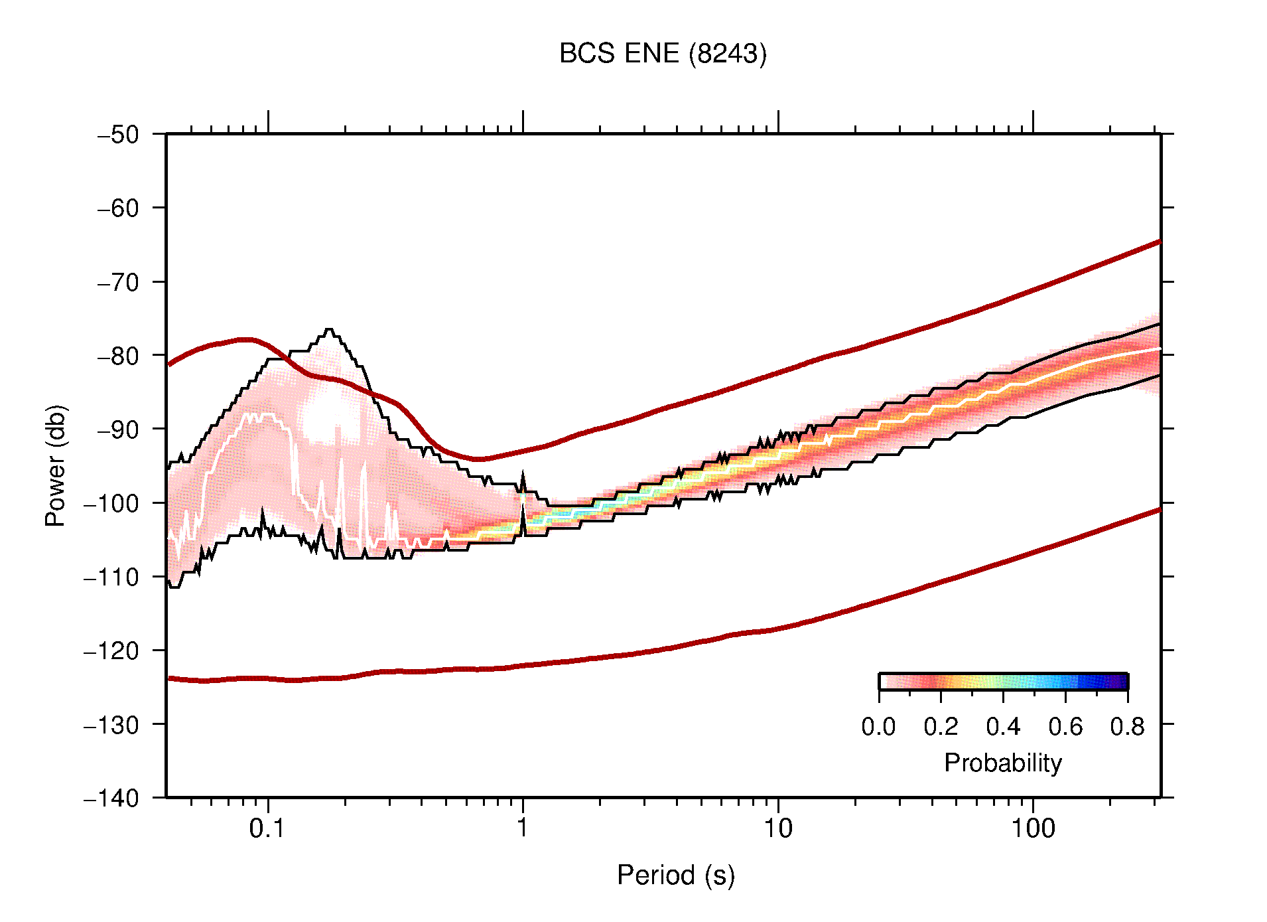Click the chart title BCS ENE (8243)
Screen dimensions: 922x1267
tap(662, 54)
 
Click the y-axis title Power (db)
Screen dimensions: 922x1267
tap(56, 465)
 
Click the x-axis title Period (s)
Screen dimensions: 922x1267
tap(675, 876)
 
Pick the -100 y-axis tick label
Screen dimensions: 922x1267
tap(111, 503)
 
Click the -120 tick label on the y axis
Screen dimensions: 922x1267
tap(111, 651)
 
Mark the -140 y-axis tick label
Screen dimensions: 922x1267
tap(111, 798)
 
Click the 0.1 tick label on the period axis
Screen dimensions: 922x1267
tap(267, 828)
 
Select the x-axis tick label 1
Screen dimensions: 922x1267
tap(523, 828)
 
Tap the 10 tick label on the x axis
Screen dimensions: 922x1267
tap(777, 828)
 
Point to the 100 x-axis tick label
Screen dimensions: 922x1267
tap(1032, 828)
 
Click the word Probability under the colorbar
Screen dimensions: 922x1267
tap(1002, 763)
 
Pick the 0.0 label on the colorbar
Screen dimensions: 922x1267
tap(878, 727)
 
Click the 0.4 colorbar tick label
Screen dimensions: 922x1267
tap(1003, 727)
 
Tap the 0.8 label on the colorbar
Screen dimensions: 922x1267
tap(1127, 727)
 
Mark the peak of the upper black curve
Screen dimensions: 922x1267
tap(329, 330)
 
